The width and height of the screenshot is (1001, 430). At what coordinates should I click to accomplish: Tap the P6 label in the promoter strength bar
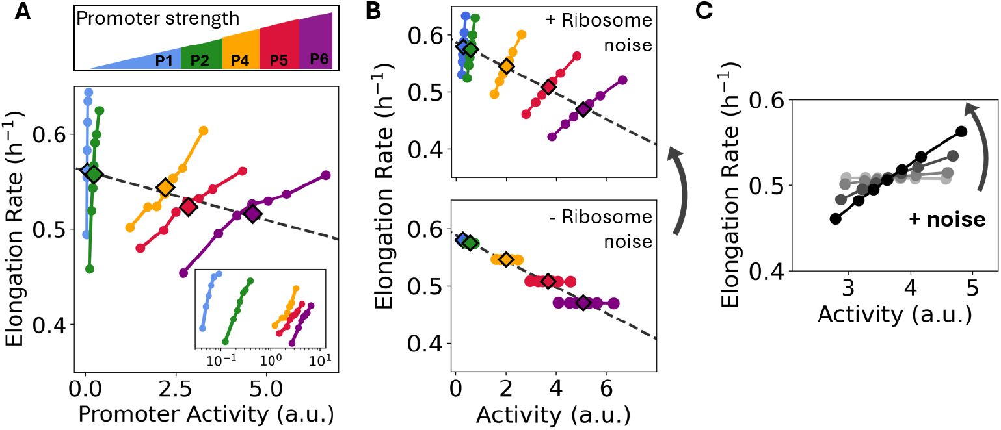[319, 59]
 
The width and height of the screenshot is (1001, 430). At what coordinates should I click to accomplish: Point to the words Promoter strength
[158, 19]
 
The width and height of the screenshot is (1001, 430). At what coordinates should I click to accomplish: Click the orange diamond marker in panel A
[165, 188]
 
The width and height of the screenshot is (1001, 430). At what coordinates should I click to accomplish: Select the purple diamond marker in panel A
[252, 213]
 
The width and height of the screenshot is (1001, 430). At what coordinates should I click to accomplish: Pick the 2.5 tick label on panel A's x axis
[170, 392]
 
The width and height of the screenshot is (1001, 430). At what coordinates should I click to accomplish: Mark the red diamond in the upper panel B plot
[548, 86]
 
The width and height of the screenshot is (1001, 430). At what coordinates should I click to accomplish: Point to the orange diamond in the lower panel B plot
[505, 259]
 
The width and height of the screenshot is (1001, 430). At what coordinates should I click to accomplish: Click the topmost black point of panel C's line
[962, 131]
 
